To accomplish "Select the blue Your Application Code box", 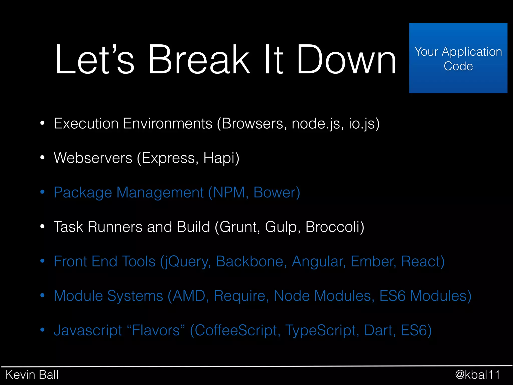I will coord(458,58).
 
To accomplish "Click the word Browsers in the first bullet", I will coord(252,124).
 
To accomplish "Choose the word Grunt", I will coord(238,227).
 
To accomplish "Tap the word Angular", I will coord(318,261).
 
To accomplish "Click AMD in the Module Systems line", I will coord(189,296).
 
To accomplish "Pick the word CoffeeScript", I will coord(237,330).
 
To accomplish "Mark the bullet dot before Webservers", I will coord(42,158).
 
